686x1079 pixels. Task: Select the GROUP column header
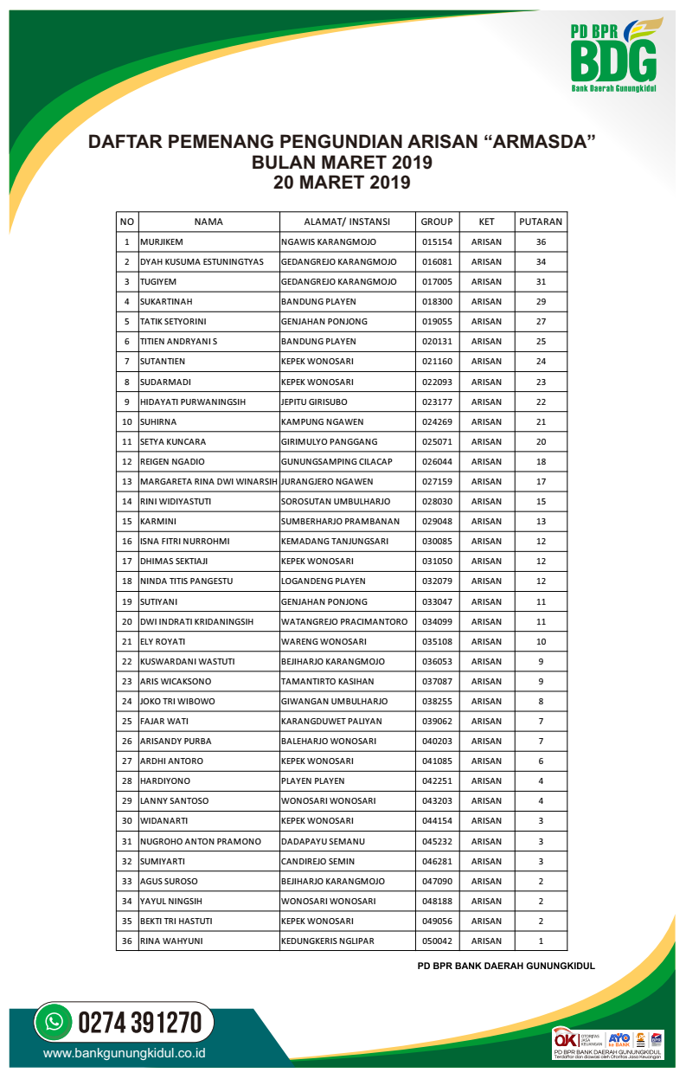click(437, 222)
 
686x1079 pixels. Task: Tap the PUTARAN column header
click(541, 222)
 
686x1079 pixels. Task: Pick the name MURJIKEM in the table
click(162, 242)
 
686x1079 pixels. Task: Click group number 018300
click(437, 302)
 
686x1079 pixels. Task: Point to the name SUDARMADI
click(163, 382)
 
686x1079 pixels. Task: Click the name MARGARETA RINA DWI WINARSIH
click(208, 482)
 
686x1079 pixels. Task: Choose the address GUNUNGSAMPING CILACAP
click(337, 462)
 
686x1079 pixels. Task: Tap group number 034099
click(437, 621)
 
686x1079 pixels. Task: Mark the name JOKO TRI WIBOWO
click(177, 702)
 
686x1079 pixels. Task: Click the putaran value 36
click(541, 242)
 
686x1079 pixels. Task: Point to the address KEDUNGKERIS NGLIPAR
click(328, 941)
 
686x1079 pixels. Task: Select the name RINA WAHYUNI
click(171, 941)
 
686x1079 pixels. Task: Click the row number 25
click(127, 722)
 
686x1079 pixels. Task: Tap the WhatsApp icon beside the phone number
click(54, 1022)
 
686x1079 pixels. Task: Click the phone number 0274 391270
click(140, 1023)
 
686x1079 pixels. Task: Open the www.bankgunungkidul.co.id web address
click(124, 1054)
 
